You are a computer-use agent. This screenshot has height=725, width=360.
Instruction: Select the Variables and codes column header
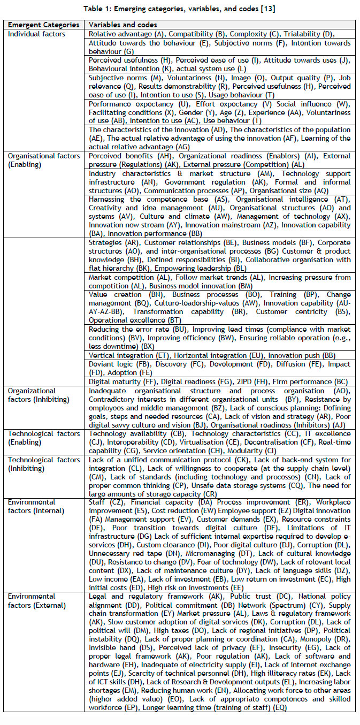tap(122, 25)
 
